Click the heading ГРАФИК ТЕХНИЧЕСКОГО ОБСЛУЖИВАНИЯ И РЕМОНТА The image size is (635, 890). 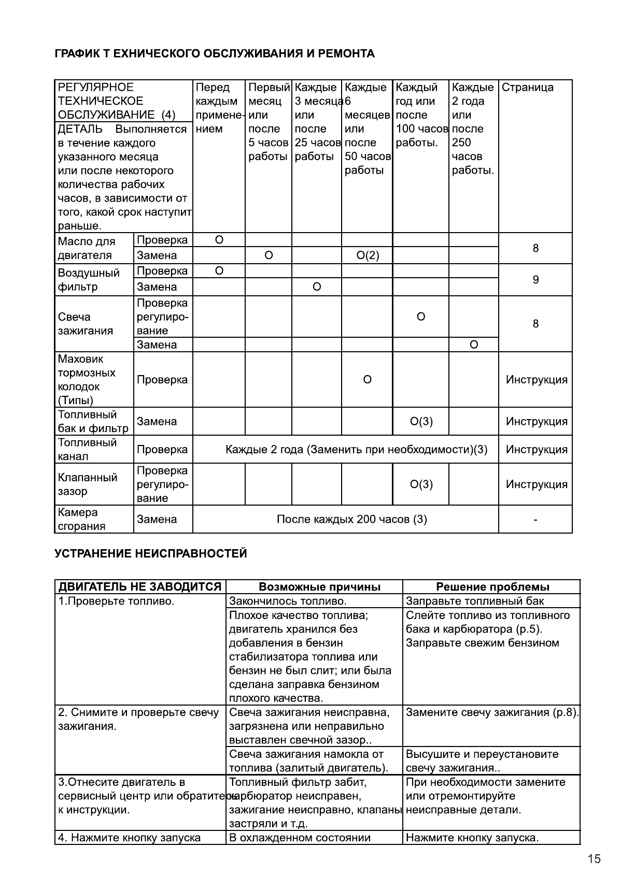coord(215,54)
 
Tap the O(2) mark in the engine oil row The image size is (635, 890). coord(368,255)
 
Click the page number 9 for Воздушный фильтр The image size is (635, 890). coord(535,280)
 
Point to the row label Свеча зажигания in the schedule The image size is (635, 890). coord(85,324)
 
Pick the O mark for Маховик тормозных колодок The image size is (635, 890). coord(367,380)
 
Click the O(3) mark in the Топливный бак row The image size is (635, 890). coord(421,422)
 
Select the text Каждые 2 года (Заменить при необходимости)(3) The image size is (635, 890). coord(357,450)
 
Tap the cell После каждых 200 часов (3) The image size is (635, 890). coord(351,519)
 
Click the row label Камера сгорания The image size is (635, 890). coord(82,519)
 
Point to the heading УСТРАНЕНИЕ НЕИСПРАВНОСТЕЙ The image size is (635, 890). coord(151,554)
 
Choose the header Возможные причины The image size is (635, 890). coord(319,587)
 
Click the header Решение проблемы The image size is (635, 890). coord(492,587)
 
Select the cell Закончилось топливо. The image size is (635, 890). coord(288,601)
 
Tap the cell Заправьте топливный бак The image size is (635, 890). coord(475,601)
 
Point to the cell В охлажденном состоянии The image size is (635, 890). coord(300,838)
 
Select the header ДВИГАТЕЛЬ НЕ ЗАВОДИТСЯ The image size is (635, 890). coord(140,587)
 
